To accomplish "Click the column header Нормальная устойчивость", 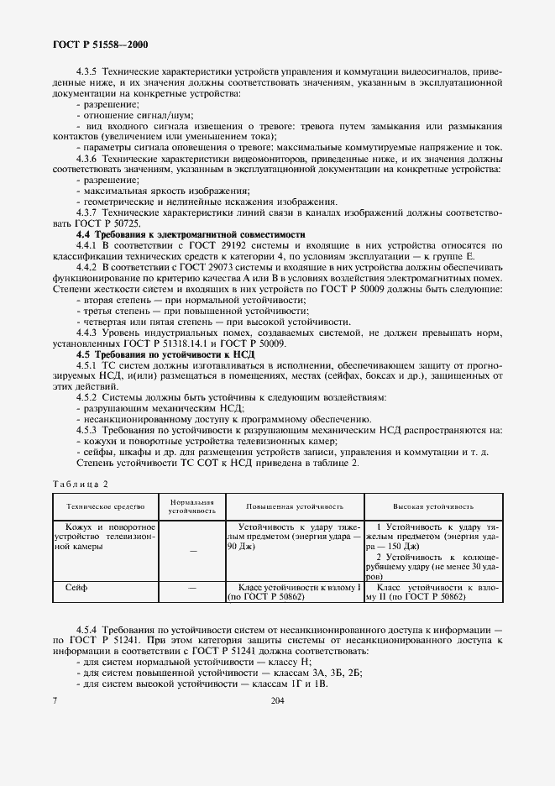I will click(x=191, y=506).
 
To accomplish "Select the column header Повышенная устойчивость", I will click(x=295, y=507).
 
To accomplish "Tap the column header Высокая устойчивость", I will click(x=432, y=507).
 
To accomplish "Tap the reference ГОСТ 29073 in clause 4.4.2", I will click(x=195, y=265).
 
